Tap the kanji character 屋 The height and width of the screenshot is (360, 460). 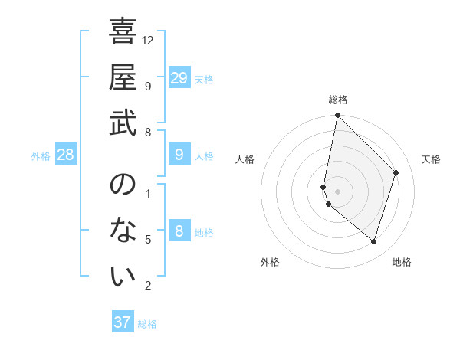[x=123, y=78]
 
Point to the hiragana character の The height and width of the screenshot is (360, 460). [x=123, y=185]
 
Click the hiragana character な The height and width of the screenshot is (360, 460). [x=123, y=231]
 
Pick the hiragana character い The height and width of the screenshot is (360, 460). [x=123, y=277]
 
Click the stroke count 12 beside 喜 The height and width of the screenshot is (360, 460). [x=149, y=40]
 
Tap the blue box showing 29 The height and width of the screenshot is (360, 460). [x=179, y=78]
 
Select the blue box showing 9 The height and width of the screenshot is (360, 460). [x=179, y=155]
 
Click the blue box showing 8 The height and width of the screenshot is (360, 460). [x=179, y=232]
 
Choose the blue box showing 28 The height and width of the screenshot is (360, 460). [x=66, y=155]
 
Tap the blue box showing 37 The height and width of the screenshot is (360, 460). [x=123, y=322]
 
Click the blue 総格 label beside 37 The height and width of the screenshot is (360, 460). [x=147, y=324]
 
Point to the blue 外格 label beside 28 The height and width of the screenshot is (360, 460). [x=41, y=156]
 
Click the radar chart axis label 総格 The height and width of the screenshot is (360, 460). [x=337, y=100]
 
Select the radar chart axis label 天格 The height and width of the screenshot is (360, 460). [x=431, y=159]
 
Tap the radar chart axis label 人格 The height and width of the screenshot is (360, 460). [x=245, y=159]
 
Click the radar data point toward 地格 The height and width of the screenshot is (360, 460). [x=373, y=241]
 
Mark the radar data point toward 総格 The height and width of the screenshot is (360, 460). [x=337, y=116]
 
